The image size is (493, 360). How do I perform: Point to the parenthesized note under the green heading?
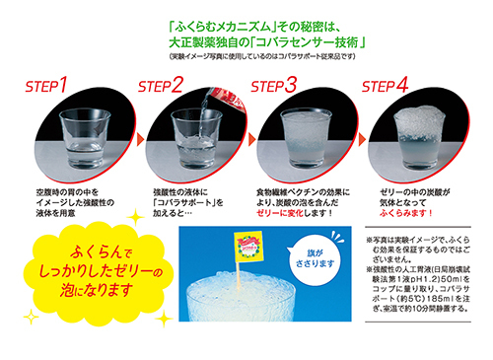point(281,57)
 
